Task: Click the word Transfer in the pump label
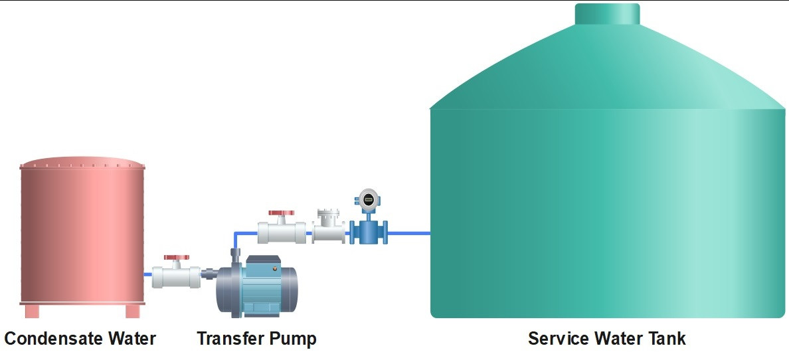229,338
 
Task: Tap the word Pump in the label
292,339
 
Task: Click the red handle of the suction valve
177,258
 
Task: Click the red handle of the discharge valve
282,213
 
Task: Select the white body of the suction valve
176,276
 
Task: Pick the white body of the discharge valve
282,232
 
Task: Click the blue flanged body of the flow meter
369,232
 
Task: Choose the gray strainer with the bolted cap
328,227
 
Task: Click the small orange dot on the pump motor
275,269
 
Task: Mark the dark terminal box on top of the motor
263,261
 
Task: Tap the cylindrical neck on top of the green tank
607,14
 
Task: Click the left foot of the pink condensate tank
32,311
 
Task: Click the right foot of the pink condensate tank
133,311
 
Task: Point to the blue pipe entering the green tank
409,233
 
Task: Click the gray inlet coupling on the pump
209,274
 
